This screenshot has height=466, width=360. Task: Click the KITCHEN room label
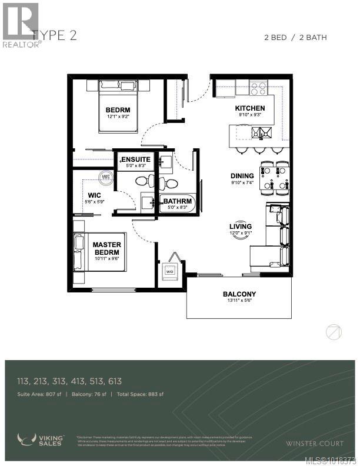pyautogui.click(x=250, y=108)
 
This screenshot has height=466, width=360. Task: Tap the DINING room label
pyautogui.click(x=242, y=176)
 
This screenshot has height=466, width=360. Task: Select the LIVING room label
pyautogui.click(x=241, y=227)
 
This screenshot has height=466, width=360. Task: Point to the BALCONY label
pyautogui.click(x=238, y=294)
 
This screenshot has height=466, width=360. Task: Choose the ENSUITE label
pyautogui.click(x=135, y=159)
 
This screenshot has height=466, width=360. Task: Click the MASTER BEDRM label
pyautogui.click(x=106, y=249)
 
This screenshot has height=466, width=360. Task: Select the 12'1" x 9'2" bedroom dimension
pyautogui.click(x=118, y=116)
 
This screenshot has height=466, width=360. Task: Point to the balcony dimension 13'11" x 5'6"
pyautogui.click(x=238, y=301)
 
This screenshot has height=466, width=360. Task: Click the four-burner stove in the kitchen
pyautogui.click(x=258, y=88)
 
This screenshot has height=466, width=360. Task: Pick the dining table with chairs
pyautogui.click(x=274, y=178)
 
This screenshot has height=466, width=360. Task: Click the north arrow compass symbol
pyautogui.click(x=334, y=332)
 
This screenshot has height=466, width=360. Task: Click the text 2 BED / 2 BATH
pyautogui.click(x=296, y=38)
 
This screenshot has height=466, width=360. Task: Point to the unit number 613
pyautogui.click(x=115, y=382)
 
